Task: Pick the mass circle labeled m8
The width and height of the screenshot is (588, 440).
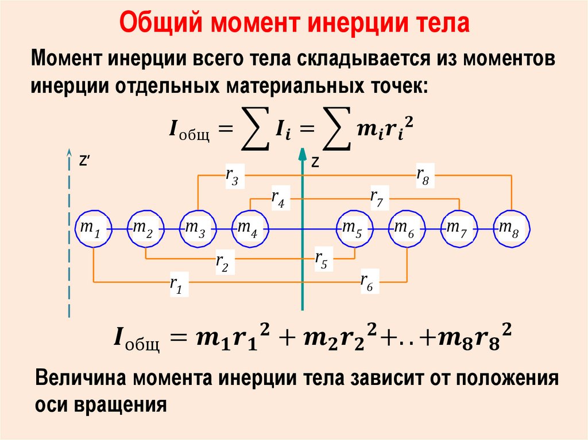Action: (511, 229)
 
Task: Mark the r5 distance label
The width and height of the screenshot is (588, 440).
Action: (320, 260)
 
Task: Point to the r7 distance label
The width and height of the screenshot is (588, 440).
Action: (377, 198)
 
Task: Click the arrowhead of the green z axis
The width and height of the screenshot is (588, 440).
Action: (302, 153)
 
